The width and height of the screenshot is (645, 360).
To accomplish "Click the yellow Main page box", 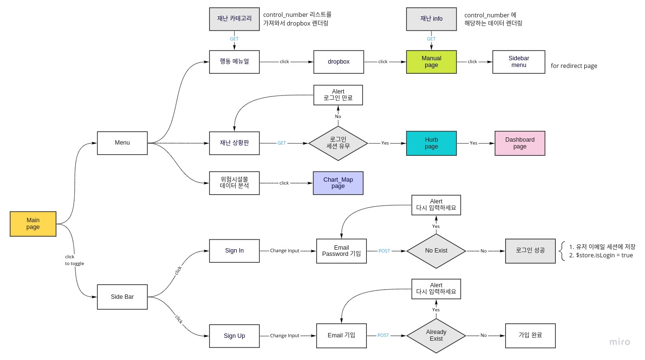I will [33, 224].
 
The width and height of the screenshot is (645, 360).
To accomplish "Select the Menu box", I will [122, 143].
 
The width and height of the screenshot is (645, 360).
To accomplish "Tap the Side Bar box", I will [122, 296].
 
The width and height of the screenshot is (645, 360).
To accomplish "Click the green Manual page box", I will [431, 62].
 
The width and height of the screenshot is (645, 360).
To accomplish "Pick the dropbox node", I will [338, 62].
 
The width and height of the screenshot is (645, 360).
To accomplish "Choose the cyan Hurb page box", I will [431, 143].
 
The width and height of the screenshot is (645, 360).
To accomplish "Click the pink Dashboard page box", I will [520, 143].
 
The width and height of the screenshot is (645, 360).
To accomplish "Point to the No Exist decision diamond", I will [436, 251].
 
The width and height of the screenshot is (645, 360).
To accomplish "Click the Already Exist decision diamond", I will [436, 335].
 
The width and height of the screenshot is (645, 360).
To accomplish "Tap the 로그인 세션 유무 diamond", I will [338, 143].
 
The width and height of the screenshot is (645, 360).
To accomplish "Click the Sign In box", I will [234, 251].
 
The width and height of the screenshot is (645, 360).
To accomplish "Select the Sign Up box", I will [234, 335].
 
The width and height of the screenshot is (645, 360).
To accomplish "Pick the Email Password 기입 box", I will [341, 251].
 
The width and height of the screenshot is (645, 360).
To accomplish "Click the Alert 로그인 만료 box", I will [338, 94].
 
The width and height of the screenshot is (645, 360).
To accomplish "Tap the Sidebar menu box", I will [518, 62].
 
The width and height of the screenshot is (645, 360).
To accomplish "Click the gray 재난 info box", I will [431, 19].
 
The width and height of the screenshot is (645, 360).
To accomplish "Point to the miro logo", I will [619, 342].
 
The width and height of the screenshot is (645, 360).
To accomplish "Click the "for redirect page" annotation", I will [574, 66].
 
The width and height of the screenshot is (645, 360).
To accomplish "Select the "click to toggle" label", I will [74, 260].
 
